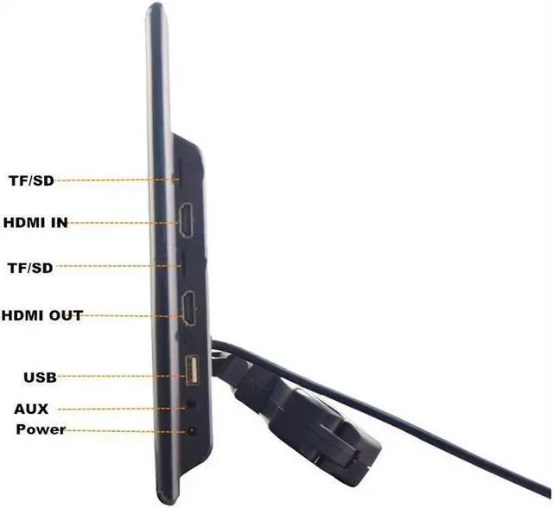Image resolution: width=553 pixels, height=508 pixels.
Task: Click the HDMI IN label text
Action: coord(35,223)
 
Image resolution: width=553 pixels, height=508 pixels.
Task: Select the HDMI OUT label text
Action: coord(42,315)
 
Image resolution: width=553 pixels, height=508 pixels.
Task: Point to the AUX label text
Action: coord(31,409)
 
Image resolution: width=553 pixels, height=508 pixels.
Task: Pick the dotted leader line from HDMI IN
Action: coord(121,222)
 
